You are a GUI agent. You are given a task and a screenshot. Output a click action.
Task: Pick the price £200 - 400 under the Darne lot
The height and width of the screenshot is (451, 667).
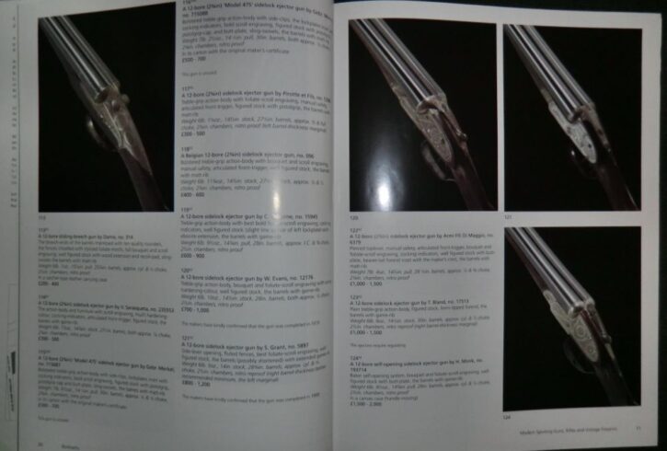pos(46,260)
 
